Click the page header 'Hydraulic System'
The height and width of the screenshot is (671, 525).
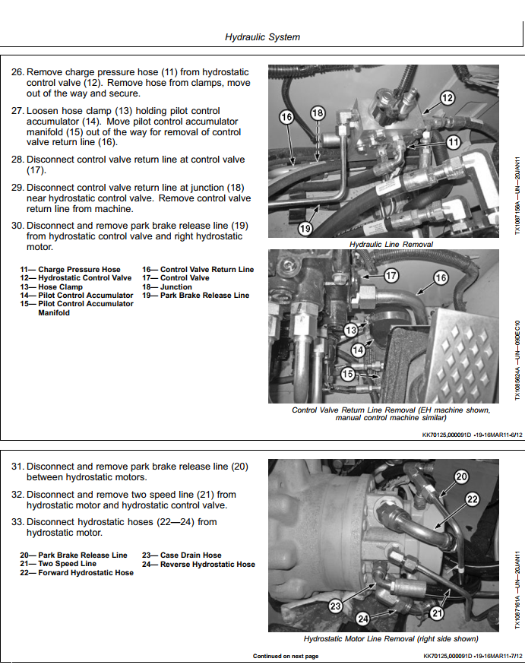click(262, 37)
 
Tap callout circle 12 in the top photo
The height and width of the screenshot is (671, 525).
click(448, 98)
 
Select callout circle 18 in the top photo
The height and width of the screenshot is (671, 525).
click(318, 114)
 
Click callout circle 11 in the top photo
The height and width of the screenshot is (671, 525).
click(453, 142)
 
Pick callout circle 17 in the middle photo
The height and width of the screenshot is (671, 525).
click(391, 275)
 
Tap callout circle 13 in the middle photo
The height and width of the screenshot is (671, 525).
click(351, 330)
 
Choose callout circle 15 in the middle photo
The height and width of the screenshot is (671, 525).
click(348, 374)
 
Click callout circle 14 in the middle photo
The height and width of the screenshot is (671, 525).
click(359, 350)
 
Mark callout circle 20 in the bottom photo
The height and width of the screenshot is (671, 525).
click(462, 477)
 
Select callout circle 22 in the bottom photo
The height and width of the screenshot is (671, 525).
click(473, 499)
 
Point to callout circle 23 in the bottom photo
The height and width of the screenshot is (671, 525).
click(337, 606)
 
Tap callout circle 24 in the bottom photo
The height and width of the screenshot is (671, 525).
click(363, 619)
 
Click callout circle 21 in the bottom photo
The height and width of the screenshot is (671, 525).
click(437, 612)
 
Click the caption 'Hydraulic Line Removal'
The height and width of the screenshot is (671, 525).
click(391, 245)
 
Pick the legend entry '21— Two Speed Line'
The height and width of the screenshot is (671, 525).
click(59, 564)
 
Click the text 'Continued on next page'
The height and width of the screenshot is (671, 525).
click(286, 656)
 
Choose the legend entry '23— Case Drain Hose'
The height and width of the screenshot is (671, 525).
click(182, 555)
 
